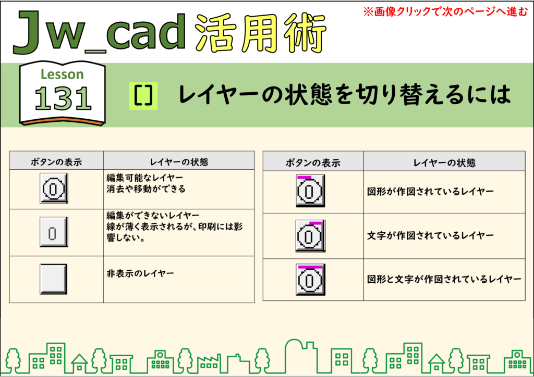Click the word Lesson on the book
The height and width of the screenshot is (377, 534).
(x=62, y=74)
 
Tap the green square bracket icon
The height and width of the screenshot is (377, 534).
(x=143, y=96)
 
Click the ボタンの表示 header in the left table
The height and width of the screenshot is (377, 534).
(x=56, y=162)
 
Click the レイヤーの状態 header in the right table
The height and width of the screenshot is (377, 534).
(x=444, y=163)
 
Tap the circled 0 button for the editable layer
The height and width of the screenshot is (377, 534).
(x=54, y=188)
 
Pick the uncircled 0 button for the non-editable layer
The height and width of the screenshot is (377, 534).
(x=54, y=232)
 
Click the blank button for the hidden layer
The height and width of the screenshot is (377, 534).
(x=54, y=279)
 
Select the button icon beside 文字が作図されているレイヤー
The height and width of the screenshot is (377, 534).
(x=310, y=236)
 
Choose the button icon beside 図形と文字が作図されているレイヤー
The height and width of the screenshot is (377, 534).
(x=310, y=280)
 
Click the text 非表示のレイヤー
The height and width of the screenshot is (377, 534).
(x=140, y=273)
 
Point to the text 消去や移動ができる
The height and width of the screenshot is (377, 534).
(x=146, y=189)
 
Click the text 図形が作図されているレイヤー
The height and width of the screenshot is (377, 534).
(x=430, y=192)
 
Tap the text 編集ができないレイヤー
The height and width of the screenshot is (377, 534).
(x=153, y=216)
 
